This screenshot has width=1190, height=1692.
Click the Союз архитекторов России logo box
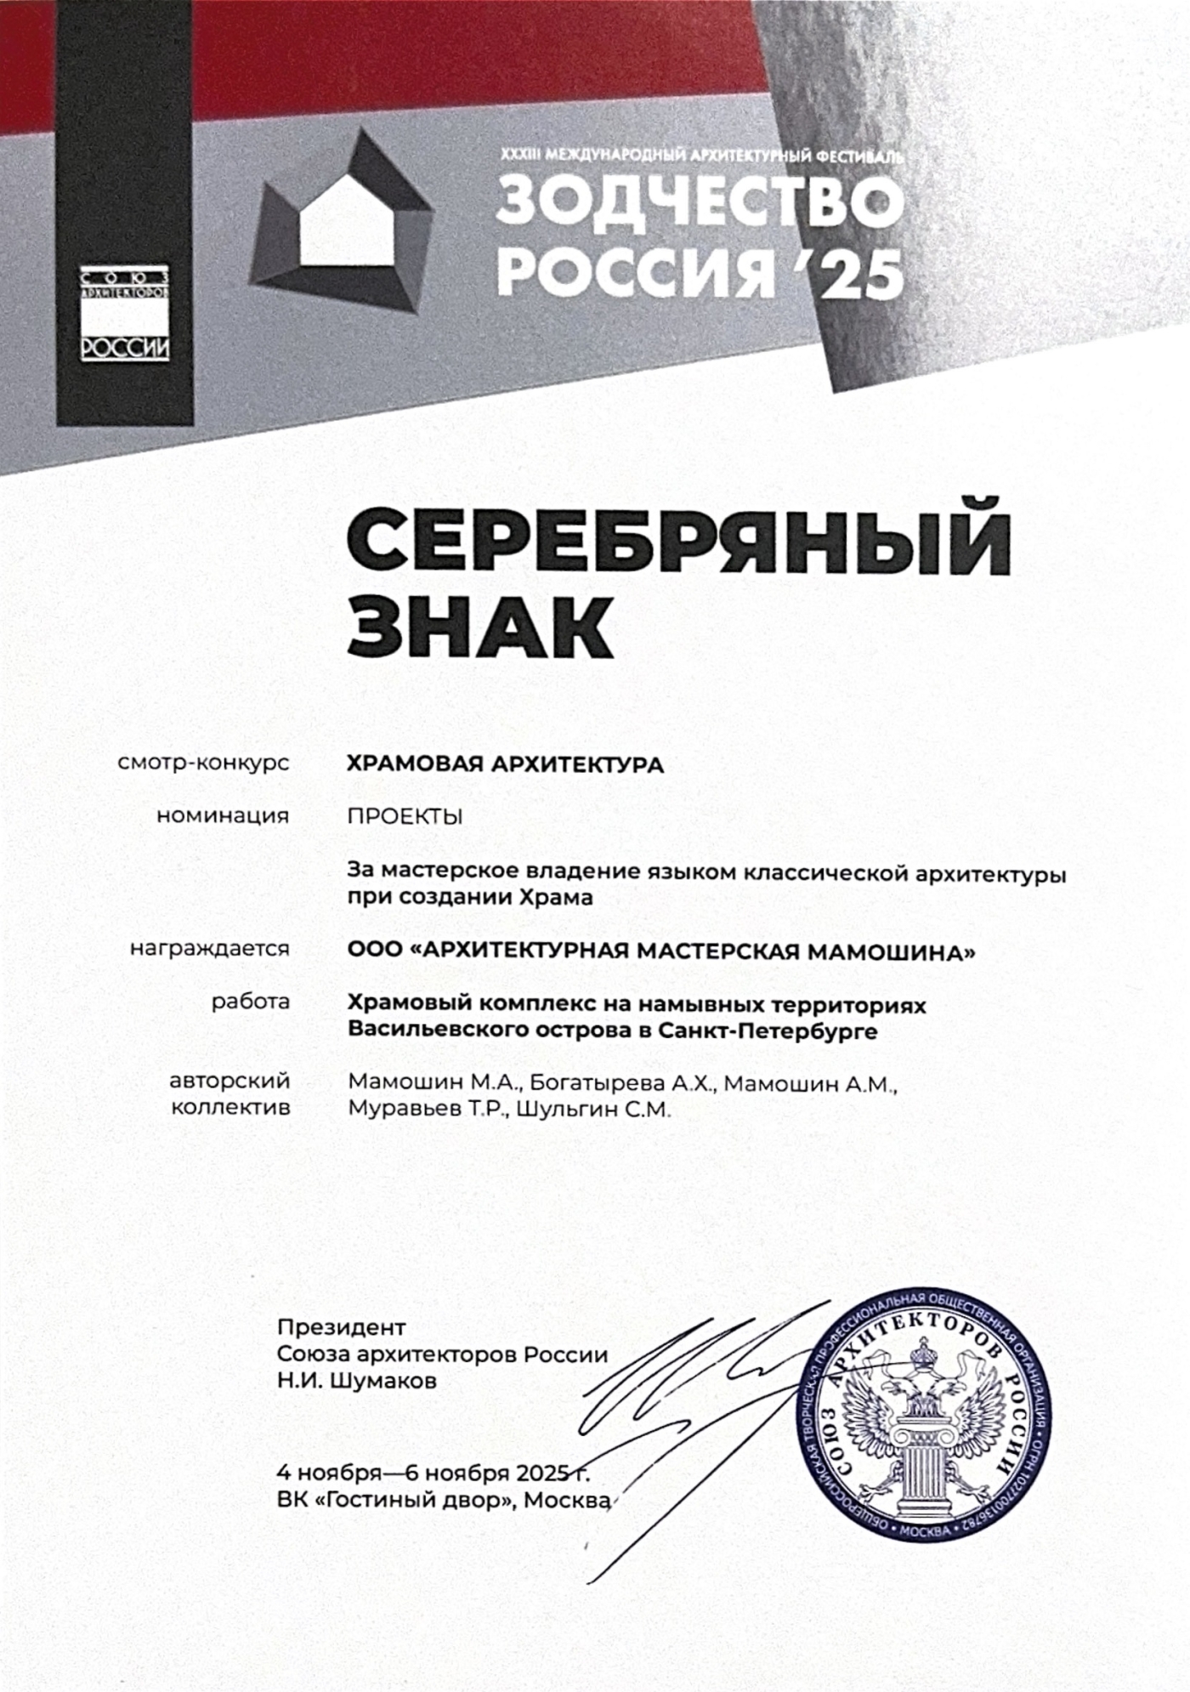click(x=126, y=314)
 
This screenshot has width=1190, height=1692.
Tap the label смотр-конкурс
click(x=204, y=764)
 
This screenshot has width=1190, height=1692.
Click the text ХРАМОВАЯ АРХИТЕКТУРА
click(x=505, y=764)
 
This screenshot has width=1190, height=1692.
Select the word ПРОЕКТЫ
click(x=405, y=816)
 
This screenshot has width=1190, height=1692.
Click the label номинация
click(x=223, y=816)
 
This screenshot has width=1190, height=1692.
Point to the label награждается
click(x=210, y=949)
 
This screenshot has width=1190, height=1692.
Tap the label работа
click(x=251, y=1002)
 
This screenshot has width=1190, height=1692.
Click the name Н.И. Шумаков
click(x=357, y=1381)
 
